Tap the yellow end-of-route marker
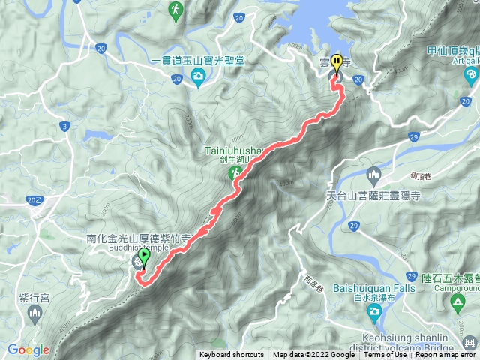337,63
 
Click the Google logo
28,349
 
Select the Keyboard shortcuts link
231,355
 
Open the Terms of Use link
385,355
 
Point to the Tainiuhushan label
232,150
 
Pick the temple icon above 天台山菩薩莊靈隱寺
373,177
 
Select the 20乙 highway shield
34,200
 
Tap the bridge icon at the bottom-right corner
469,343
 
